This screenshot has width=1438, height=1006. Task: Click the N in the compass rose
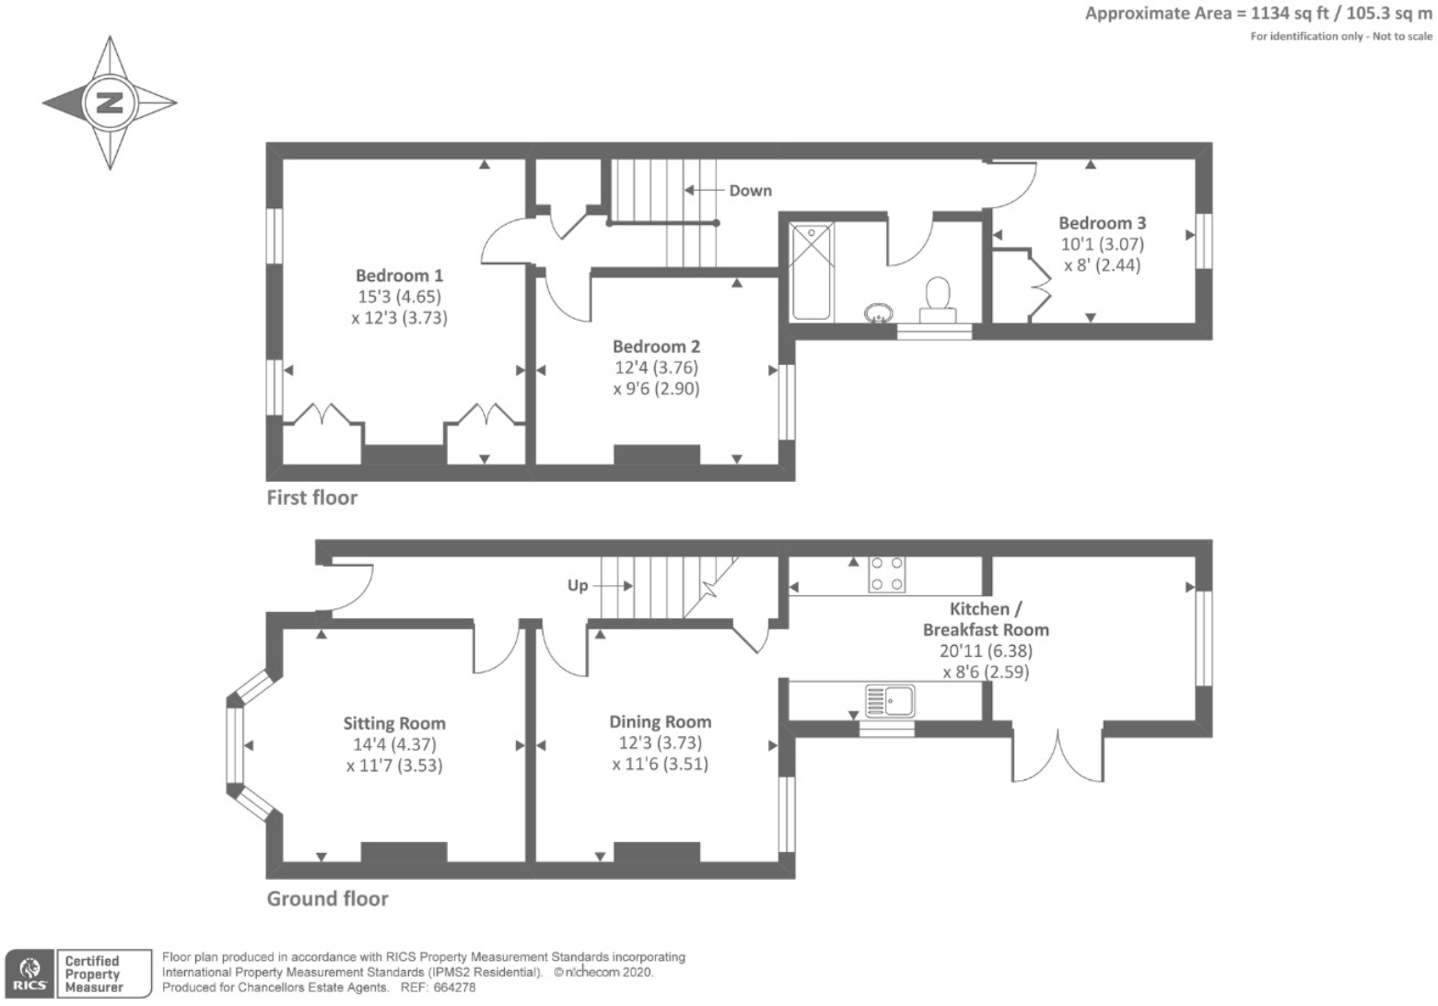tap(110, 102)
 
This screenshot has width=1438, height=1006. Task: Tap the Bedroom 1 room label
tap(399, 275)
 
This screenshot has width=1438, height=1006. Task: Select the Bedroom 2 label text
tap(656, 346)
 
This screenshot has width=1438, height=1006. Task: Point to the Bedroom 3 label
tap(1102, 223)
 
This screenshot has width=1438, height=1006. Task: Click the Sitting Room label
tap(394, 723)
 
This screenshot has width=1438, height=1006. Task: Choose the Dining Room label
tap(660, 722)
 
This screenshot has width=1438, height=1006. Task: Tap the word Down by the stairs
tap(751, 191)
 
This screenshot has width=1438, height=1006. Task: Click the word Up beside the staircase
tap(578, 586)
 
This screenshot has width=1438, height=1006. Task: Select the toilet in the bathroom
tap(938, 299)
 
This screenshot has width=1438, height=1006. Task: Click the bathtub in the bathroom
tap(812, 271)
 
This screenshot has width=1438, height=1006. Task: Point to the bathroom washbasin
tap(878, 314)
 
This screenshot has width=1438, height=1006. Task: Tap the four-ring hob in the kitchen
tap(886, 574)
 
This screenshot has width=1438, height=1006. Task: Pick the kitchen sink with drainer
tap(890, 701)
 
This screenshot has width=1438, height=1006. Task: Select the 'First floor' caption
tap(312, 497)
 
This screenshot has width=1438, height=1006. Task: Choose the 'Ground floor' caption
tap(327, 899)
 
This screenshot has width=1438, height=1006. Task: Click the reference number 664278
tap(454, 988)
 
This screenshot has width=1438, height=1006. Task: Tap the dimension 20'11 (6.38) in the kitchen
tap(986, 651)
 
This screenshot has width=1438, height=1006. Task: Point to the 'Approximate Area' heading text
tap(1158, 14)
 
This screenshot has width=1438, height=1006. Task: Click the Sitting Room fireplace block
tap(403, 851)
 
